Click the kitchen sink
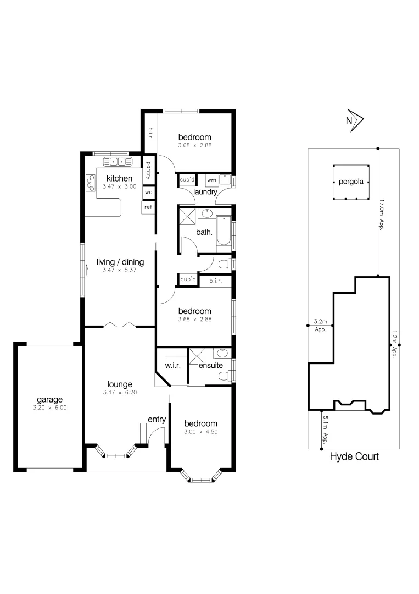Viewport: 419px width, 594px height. point(118,162)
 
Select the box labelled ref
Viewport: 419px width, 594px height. point(148,207)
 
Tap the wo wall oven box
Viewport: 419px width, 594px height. point(148,193)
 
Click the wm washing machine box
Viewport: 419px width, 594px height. point(211,180)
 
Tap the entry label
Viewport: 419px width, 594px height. point(157,420)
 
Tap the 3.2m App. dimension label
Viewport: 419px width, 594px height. point(320,325)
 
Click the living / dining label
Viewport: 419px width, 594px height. point(120,262)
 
